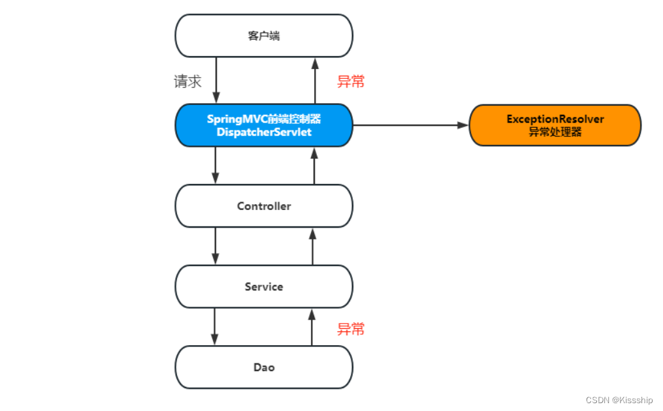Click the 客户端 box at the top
(x=264, y=36)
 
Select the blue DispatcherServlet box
(x=264, y=125)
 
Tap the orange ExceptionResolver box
(x=555, y=125)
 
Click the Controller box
(x=264, y=206)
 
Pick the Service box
(x=264, y=286)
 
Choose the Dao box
(x=264, y=367)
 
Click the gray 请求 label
(x=187, y=82)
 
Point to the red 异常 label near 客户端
(x=351, y=82)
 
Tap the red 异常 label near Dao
(x=351, y=329)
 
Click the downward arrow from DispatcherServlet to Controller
(x=216, y=165)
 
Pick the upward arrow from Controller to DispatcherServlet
(x=314, y=165)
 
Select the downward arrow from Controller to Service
(x=216, y=246)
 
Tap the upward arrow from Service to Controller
(x=312, y=246)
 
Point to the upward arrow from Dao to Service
(x=312, y=327)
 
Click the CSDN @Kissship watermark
(x=619, y=400)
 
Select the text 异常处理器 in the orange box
(x=555, y=132)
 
